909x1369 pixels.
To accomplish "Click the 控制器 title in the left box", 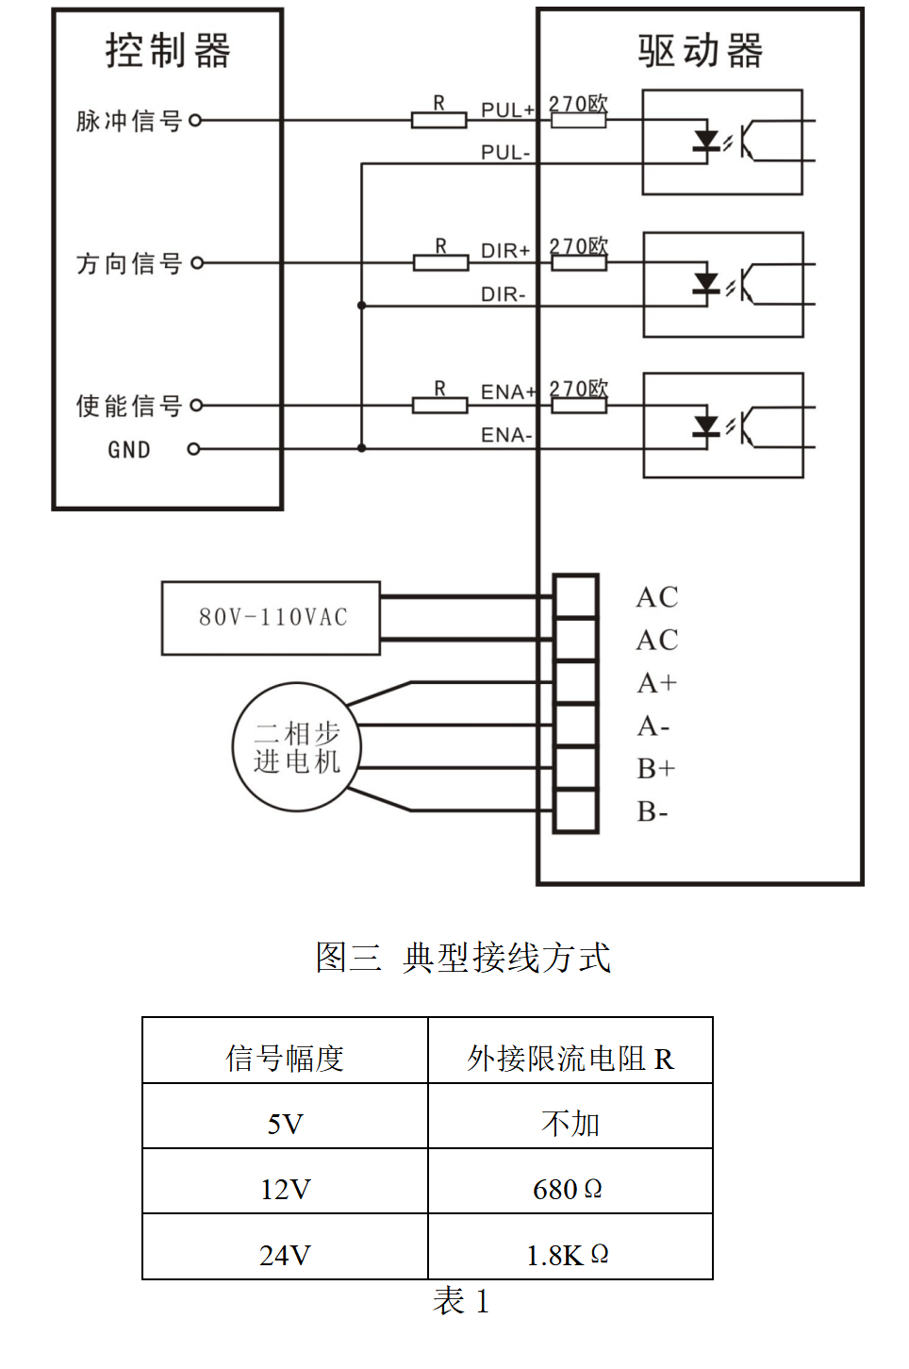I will tap(168, 51).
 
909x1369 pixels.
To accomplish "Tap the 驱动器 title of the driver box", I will tap(700, 51).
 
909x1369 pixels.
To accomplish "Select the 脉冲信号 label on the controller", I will tap(128, 121).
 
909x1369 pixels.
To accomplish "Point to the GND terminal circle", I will tap(193, 449).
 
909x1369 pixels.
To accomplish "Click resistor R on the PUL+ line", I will tap(438, 120).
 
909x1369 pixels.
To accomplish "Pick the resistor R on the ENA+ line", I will tap(439, 406).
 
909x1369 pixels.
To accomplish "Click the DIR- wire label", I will tap(503, 294).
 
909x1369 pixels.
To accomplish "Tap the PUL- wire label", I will tap(505, 152).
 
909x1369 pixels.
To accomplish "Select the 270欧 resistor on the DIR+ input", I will tap(578, 262).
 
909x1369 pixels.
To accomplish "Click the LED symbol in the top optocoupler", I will tap(705, 142).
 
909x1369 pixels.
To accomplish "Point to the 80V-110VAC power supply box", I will tap(271, 618).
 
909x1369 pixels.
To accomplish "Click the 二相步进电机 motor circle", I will tap(296, 747).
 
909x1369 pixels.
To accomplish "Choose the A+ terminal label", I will tap(656, 683).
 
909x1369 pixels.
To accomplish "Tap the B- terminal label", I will tap(653, 811).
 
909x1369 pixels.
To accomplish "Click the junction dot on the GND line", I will tap(361, 448).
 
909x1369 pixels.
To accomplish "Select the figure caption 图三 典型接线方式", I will tap(463, 958).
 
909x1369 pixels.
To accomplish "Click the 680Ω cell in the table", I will tap(568, 1189).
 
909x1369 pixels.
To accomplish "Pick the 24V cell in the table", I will tap(285, 1255).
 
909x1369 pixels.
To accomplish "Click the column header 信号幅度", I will tap(285, 1058).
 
